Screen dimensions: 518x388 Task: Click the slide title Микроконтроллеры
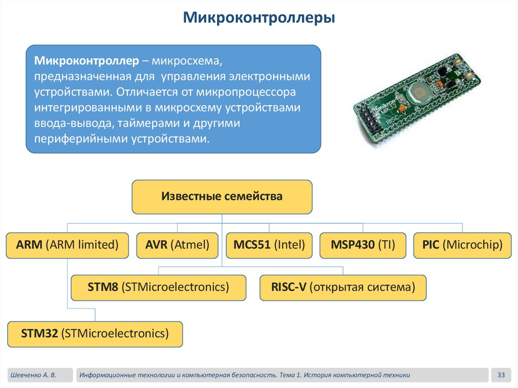(x=258, y=19)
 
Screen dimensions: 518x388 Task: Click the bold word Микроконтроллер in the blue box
(x=86, y=61)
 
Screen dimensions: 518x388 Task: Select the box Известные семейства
(x=222, y=196)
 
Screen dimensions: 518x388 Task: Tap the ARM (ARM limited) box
(x=67, y=245)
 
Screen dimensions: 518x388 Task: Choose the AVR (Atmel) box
(x=177, y=245)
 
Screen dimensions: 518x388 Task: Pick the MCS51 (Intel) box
(x=269, y=245)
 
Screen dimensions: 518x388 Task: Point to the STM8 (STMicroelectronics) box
(x=158, y=288)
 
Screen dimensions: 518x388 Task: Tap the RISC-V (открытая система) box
(x=343, y=288)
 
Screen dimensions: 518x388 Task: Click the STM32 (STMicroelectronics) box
(x=95, y=334)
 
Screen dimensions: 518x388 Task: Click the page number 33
(x=501, y=375)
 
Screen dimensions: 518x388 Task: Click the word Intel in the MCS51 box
(x=290, y=245)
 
